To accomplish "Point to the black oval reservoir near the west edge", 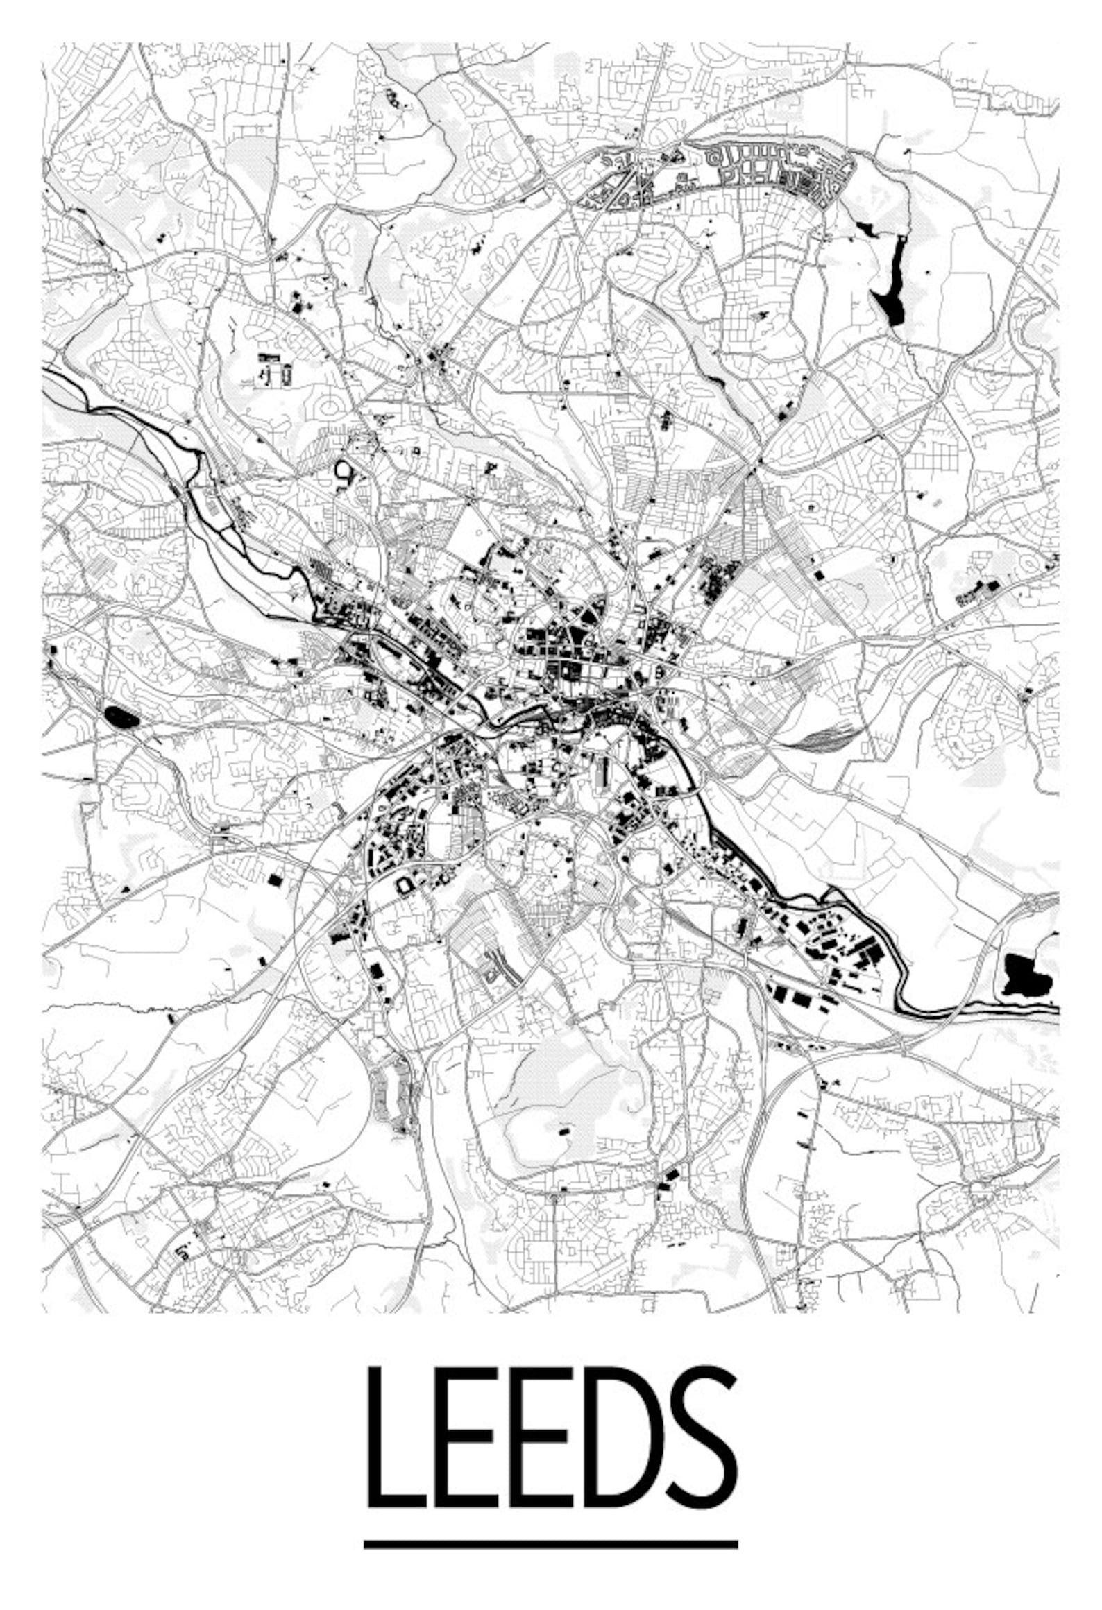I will [x=122, y=718].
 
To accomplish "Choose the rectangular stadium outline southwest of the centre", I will [x=403, y=884].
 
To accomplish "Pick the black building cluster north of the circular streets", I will [x=275, y=368].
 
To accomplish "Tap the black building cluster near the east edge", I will [x=978, y=590].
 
